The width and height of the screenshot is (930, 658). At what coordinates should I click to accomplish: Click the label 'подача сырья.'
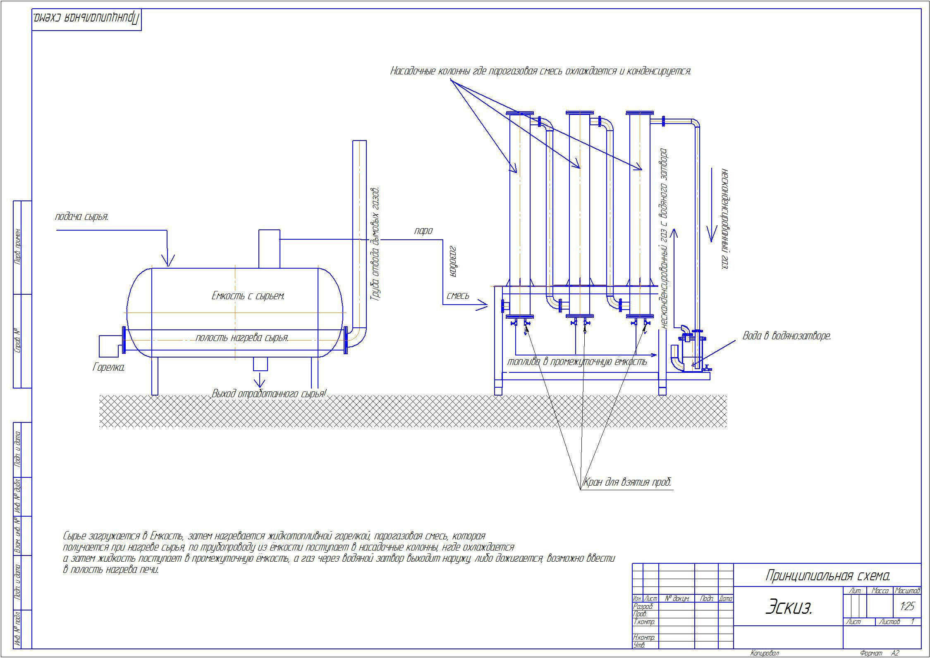81,217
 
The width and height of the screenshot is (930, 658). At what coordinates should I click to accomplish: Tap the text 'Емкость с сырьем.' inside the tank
248,296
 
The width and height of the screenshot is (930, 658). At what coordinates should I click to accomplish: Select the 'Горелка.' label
108,367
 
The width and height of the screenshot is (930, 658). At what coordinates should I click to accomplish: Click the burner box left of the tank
110,346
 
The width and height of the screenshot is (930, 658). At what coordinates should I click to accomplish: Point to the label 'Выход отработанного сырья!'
269,394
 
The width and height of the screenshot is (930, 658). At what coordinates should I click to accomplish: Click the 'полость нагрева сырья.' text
242,338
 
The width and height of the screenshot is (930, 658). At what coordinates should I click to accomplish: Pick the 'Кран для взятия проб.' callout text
627,482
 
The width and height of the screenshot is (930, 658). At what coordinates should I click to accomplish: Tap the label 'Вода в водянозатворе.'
787,336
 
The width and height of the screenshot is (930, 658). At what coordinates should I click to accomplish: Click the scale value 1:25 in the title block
907,606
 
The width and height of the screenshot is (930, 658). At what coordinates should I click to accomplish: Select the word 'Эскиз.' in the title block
789,607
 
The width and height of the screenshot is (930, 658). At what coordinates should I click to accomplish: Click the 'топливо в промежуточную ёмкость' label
577,362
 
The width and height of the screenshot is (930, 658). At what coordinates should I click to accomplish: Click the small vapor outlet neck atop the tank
269,249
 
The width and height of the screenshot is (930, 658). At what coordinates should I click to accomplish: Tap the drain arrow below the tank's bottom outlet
260,380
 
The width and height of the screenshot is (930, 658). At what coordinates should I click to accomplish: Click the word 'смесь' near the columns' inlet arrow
458,296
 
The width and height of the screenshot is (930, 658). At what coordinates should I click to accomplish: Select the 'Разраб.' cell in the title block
643,606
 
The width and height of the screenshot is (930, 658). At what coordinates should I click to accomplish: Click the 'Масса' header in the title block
880,591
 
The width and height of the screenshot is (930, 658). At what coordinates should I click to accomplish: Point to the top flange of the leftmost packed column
519,113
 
